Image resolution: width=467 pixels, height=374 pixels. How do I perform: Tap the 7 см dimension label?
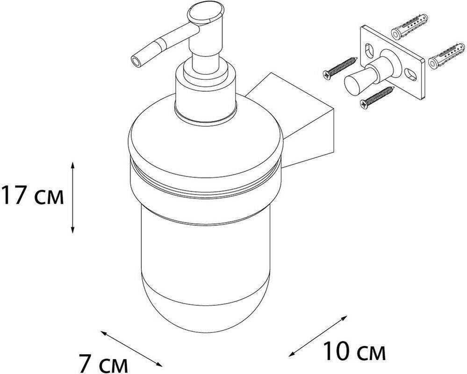pos(103,363)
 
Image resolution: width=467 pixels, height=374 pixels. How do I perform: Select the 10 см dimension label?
pos(354,351)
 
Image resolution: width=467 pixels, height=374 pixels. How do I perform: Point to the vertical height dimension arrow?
pos(72,197)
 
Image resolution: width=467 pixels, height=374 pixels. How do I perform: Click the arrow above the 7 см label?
pos(131,348)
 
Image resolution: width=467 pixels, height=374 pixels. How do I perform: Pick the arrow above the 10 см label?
pos(318,336)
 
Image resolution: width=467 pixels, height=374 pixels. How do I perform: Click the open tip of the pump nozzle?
pos(136,62)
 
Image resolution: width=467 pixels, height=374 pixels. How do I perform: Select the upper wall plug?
pos(410,27)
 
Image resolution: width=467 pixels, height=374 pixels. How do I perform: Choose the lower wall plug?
pos(446,55)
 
